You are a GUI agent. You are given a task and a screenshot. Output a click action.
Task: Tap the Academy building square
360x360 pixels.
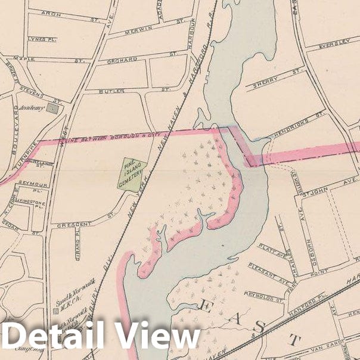tap(54, 109)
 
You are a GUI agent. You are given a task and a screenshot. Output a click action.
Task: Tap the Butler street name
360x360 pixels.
tap(115, 91)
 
